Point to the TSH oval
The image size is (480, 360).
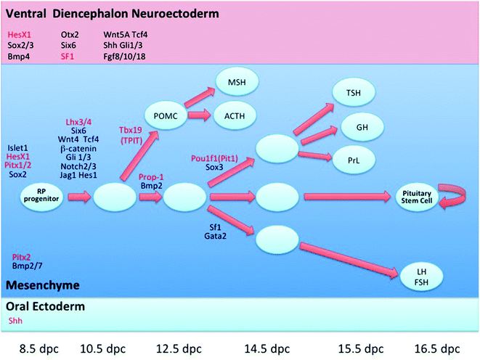tap(355, 93)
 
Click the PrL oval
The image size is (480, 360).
tap(356, 156)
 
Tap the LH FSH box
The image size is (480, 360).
tap(419, 274)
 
